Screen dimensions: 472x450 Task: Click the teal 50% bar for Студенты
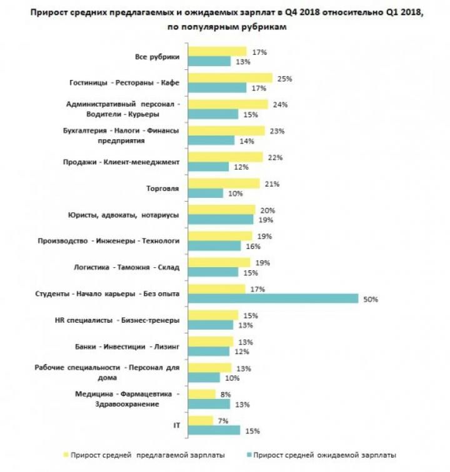273,298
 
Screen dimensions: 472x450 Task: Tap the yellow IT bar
201,420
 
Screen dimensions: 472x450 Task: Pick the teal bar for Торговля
206,194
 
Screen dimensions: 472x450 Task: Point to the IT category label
176,425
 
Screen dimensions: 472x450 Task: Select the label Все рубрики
157,57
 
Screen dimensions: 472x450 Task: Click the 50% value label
371,299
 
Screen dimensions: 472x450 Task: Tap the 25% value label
286,79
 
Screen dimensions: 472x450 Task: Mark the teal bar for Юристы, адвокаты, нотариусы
221,220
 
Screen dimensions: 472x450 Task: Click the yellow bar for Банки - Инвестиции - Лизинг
211,342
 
